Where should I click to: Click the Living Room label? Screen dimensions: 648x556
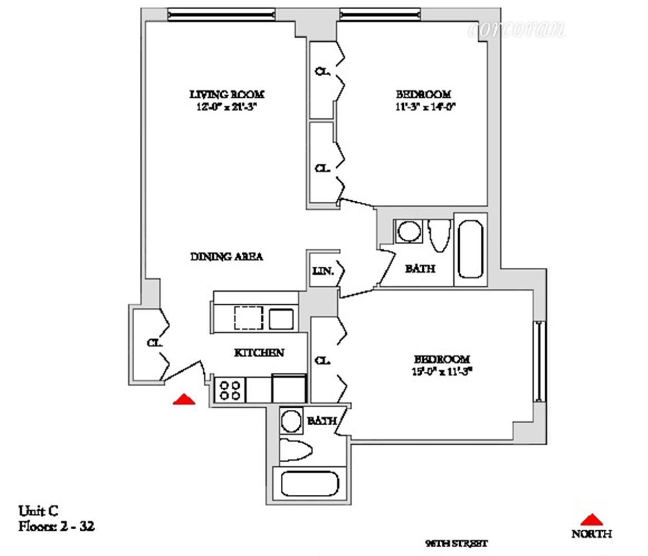tap(227, 95)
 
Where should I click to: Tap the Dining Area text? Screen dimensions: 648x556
tap(227, 256)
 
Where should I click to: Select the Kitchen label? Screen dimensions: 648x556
tap(259, 353)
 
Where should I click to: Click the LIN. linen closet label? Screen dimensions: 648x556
tap(323, 270)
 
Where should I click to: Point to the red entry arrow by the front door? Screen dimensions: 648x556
tap(184, 399)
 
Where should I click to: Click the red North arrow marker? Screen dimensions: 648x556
tap(591, 519)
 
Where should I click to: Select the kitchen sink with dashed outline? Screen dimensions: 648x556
tap(249, 317)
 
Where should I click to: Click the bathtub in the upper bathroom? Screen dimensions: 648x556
tap(470, 250)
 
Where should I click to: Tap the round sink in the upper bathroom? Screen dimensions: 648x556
tap(409, 231)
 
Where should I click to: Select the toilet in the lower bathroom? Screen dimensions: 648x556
tap(296, 451)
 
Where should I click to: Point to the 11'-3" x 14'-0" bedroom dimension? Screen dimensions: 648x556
tap(423, 107)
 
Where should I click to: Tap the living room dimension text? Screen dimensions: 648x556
tap(227, 107)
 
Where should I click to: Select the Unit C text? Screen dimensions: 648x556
tap(39, 511)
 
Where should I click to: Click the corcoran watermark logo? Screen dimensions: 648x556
tap(516, 29)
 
